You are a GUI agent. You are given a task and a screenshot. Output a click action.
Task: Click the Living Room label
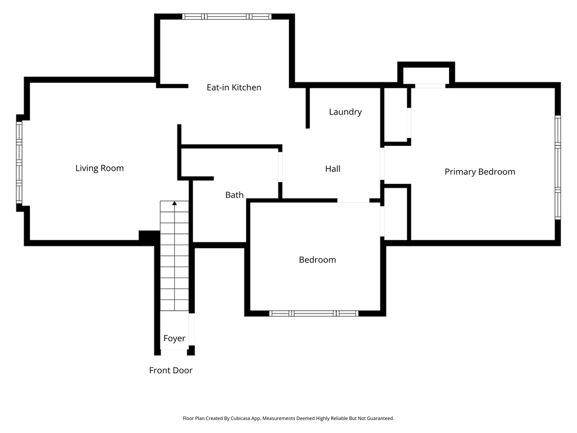pos(100,168)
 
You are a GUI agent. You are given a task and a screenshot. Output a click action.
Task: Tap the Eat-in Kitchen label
pos(234,87)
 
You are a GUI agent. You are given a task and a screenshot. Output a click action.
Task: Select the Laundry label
pos(345,112)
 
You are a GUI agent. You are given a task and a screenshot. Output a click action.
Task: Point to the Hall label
pos(332,169)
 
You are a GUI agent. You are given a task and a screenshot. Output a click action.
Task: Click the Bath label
pos(234,195)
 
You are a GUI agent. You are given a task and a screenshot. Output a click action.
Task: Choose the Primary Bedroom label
pos(480,172)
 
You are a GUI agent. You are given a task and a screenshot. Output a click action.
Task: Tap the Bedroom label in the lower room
pos(317,260)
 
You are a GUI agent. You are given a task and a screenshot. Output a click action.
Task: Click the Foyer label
pos(174,338)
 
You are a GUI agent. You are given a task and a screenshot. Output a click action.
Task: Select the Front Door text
pos(171,370)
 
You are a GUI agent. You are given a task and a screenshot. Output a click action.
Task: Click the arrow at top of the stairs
pos(175,203)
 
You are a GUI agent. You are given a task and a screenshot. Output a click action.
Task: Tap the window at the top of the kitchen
pos(227,16)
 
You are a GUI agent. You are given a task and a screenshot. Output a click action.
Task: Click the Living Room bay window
pos(19,162)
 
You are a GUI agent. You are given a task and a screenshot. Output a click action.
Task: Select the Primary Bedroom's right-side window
pos(557,167)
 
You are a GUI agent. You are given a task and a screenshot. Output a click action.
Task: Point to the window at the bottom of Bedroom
pos(314,313)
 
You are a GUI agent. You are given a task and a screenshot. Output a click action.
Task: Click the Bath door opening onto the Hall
pos(280,166)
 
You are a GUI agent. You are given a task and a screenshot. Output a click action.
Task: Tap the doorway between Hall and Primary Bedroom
pos(382,164)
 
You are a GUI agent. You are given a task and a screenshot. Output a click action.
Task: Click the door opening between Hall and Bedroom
pos(353,201)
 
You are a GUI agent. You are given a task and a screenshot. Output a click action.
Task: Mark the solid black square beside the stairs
pos(149,237)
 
